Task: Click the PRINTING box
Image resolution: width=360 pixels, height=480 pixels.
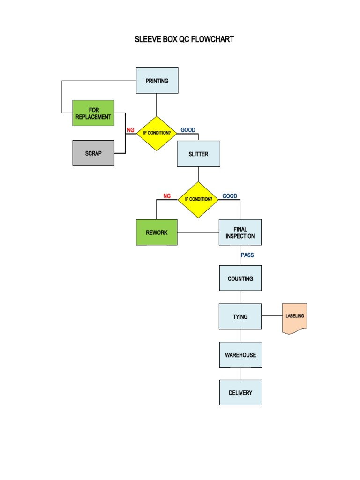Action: (157, 81)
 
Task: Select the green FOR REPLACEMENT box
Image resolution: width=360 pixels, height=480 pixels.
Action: (93, 113)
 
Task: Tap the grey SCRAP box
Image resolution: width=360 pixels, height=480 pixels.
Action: (93, 153)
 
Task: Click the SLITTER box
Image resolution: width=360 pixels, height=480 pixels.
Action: (198, 154)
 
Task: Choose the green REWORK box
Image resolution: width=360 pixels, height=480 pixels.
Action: (157, 232)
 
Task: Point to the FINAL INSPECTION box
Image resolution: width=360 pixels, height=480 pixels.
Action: (240, 232)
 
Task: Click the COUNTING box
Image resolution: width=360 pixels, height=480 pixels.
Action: (240, 278)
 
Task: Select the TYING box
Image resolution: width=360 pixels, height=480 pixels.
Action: (240, 316)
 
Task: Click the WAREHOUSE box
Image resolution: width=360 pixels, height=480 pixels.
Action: (240, 355)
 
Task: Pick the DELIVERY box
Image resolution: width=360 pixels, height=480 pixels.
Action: (240, 392)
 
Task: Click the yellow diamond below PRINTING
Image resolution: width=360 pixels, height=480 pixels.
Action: (157, 133)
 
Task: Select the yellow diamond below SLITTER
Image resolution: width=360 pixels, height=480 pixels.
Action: (198, 199)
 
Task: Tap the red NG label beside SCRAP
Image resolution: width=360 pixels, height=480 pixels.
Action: (130, 130)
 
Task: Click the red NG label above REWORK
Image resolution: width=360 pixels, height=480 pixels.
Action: (167, 196)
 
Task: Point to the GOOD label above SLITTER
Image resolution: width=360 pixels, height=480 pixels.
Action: (188, 130)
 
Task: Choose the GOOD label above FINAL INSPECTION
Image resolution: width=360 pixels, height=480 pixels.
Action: (230, 196)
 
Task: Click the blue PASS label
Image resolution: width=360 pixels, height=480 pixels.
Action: (247, 255)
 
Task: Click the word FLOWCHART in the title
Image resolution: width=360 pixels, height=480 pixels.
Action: (212, 39)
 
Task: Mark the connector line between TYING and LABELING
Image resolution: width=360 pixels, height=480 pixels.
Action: (272, 316)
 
